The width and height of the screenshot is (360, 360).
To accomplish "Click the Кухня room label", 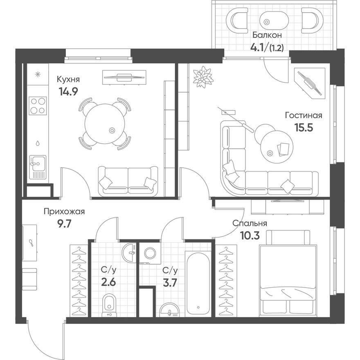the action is pyautogui.click(x=68, y=79).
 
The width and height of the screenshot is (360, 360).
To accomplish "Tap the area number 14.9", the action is pyautogui.click(x=68, y=92).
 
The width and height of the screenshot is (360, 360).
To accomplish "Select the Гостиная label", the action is pyautogui.click(x=304, y=115).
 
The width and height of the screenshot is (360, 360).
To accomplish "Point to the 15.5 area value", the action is pyautogui.click(x=304, y=127).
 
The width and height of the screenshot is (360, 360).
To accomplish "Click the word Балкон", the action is pyautogui.click(x=267, y=35).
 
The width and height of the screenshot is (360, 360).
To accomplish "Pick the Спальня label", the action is pyautogui.click(x=250, y=223).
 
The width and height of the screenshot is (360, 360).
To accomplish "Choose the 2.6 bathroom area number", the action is pyautogui.click(x=108, y=282).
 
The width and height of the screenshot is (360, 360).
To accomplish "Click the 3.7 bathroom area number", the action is pyautogui.click(x=170, y=282).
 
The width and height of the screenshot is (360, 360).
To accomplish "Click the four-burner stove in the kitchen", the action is pyautogui.click(x=38, y=106).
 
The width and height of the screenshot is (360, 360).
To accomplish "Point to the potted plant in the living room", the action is pyautogui.click(x=203, y=76).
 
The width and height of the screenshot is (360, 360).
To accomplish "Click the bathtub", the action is pyautogui.click(x=198, y=284).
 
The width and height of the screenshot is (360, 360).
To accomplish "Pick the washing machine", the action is pyautogui.click(x=150, y=253).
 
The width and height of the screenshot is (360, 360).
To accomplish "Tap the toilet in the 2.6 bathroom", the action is pyautogui.click(x=109, y=305).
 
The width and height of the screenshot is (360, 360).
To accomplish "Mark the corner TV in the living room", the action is pyautogui.click(x=310, y=83).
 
